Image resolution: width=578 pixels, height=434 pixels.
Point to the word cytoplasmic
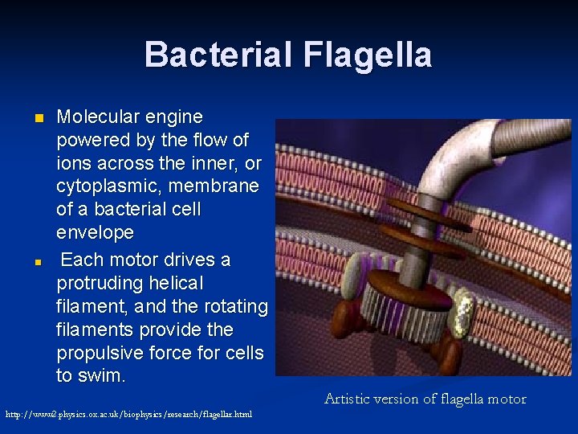(109, 186)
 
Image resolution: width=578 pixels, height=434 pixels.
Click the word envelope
(95, 233)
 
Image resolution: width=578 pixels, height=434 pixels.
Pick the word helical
(177, 283)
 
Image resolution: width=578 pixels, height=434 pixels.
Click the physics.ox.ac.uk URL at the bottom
(128, 415)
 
